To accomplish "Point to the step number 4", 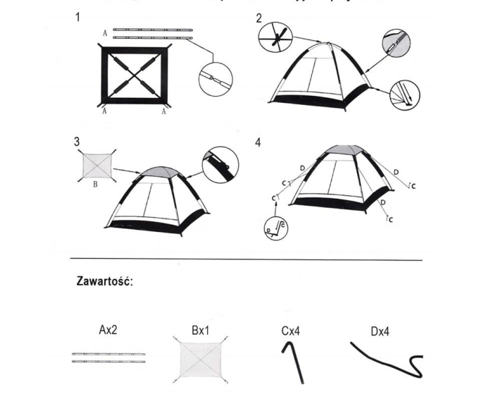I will pyautogui.click(x=258, y=142).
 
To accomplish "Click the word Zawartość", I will pyautogui.click(x=105, y=281).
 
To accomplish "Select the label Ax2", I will pyautogui.click(x=109, y=330).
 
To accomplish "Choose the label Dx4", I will pyautogui.click(x=380, y=330).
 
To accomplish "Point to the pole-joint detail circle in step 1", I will pyautogui.click(x=215, y=77).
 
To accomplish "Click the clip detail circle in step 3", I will pyautogui.click(x=220, y=164).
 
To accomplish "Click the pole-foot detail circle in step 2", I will pyautogui.click(x=404, y=94).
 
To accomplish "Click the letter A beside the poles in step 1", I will pyautogui.click(x=104, y=32).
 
